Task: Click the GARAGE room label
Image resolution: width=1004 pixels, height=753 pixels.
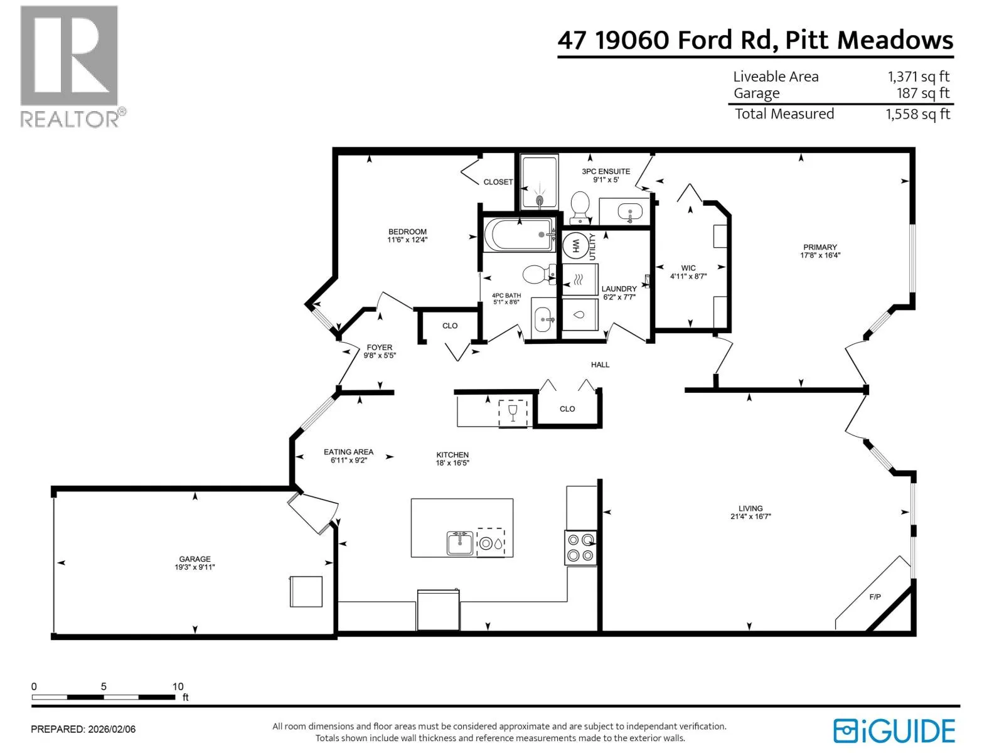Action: pyautogui.click(x=195, y=558)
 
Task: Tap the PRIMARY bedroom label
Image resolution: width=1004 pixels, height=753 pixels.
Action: pyautogui.click(x=820, y=247)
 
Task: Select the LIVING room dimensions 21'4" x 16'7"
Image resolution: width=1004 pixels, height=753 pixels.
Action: pyautogui.click(x=750, y=516)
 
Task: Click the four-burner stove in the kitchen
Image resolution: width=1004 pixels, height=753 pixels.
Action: pyautogui.click(x=580, y=548)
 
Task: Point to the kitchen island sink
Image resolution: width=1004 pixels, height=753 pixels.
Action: pyautogui.click(x=460, y=543)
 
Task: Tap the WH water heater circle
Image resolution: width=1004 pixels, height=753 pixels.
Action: pyautogui.click(x=575, y=247)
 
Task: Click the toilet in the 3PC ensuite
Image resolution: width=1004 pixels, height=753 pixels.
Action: pyautogui.click(x=580, y=207)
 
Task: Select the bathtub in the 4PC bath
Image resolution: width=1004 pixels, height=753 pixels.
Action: pyautogui.click(x=519, y=235)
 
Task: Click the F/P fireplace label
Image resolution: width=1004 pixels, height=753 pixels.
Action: pyautogui.click(x=875, y=597)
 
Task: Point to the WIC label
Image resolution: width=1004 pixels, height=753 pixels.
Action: pyautogui.click(x=688, y=269)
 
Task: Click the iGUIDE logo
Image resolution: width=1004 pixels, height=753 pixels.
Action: pyautogui.click(x=894, y=731)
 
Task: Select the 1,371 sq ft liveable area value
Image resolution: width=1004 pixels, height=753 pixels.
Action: pyautogui.click(x=919, y=77)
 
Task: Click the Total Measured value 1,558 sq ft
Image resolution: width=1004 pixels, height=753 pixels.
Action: pyautogui.click(x=917, y=114)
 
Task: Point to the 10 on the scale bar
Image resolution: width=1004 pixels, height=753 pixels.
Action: pyautogui.click(x=178, y=686)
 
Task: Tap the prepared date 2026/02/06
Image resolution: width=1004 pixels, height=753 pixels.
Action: pyautogui.click(x=112, y=729)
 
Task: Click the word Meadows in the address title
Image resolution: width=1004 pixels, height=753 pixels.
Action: pyautogui.click(x=895, y=40)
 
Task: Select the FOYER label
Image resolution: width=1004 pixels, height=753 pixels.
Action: pyautogui.click(x=379, y=348)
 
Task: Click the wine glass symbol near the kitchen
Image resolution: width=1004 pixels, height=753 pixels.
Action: pyautogui.click(x=512, y=413)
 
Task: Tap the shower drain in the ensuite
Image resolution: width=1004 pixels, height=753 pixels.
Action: pyautogui.click(x=540, y=200)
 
